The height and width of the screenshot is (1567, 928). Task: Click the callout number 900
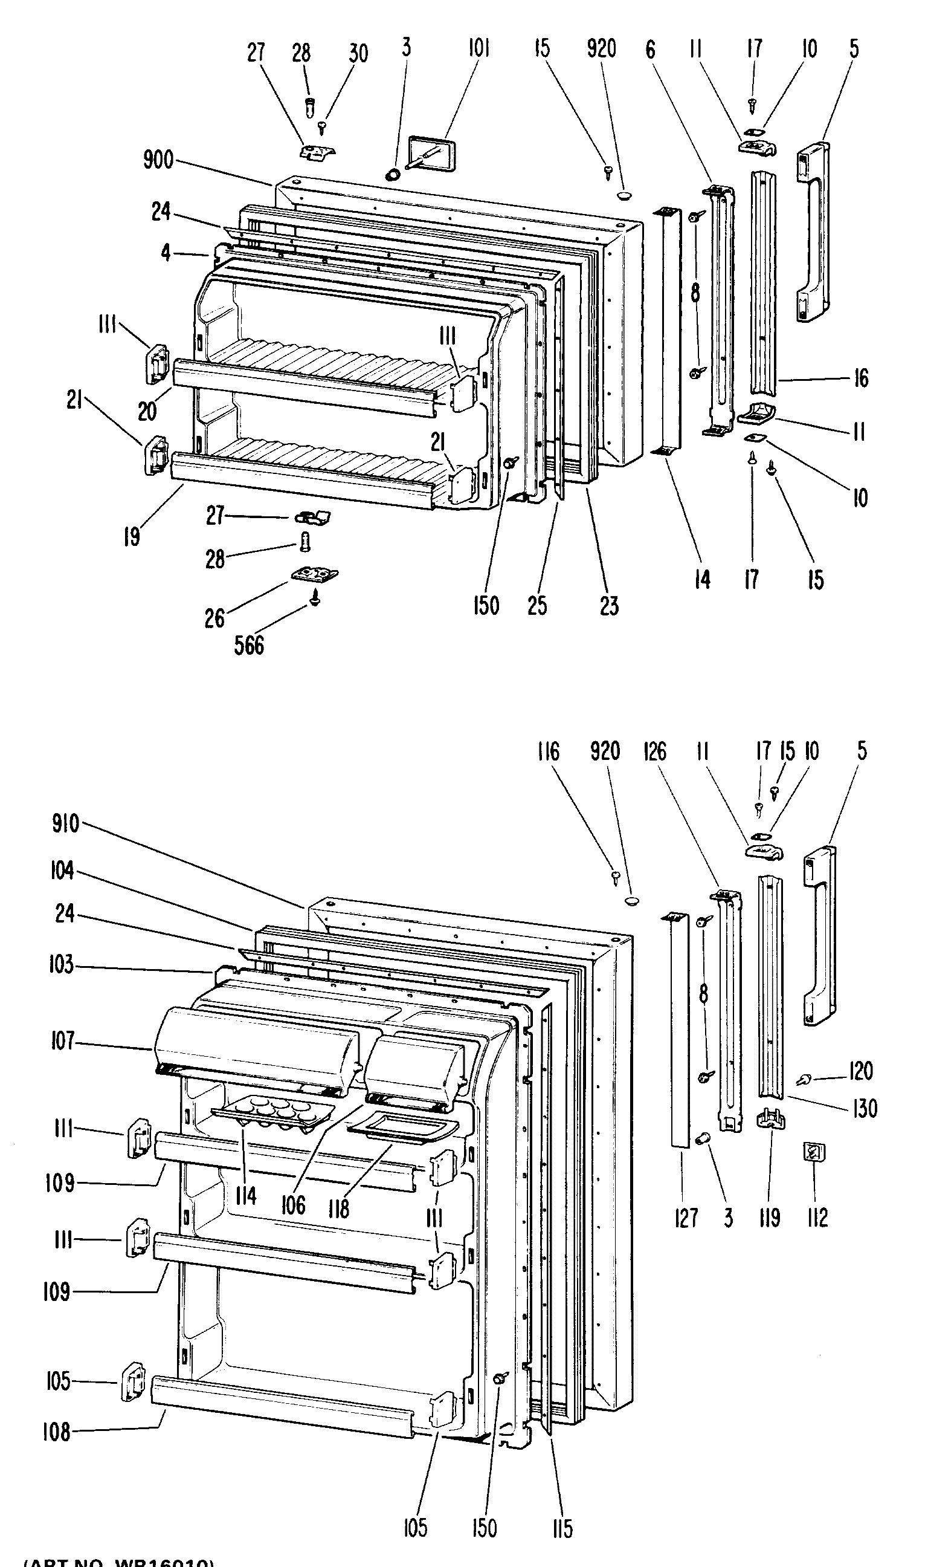[x=158, y=160]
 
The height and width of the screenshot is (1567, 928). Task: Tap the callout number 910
[x=66, y=823]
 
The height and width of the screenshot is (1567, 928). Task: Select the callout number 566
[x=249, y=645]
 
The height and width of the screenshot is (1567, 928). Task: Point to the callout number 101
[x=479, y=48]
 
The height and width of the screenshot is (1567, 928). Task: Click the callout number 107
[x=63, y=1042]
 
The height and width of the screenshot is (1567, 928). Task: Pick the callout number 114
[x=246, y=1195]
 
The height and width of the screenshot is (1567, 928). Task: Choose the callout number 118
[x=338, y=1208]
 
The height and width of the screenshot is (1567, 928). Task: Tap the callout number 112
[x=817, y=1217]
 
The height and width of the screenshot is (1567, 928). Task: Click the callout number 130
[x=864, y=1109]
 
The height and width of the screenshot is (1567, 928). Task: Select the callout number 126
[x=655, y=751]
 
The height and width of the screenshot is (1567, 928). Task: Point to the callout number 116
[x=548, y=751]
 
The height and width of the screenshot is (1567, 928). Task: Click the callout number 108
[x=56, y=1432]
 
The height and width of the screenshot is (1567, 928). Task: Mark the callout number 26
[x=214, y=618]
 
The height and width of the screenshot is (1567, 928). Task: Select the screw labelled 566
[x=315, y=599]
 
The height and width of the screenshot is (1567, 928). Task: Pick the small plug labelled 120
[x=804, y=1078]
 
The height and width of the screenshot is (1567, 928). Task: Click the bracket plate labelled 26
[x=315, y=574]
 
